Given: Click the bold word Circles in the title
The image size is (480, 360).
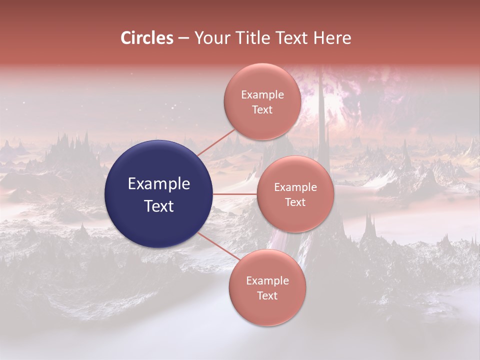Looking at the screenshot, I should [146, 38].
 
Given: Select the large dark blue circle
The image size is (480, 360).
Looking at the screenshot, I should [159, 194].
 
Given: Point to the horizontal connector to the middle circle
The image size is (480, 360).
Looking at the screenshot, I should [235, 194].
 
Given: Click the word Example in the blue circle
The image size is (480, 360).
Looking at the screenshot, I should [159, 184].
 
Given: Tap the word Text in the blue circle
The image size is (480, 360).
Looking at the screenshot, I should [159, 206].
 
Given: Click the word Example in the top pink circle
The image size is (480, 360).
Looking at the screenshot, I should [262, 95].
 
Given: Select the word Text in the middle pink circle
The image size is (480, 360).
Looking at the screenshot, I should [295, 202].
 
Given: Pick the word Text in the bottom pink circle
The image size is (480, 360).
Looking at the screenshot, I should [267, 295].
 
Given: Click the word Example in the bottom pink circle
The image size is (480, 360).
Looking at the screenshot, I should [267, 281].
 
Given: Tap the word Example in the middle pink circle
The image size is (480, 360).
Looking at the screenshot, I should [295, 187].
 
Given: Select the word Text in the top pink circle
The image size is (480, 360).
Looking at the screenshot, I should [262, 109].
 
